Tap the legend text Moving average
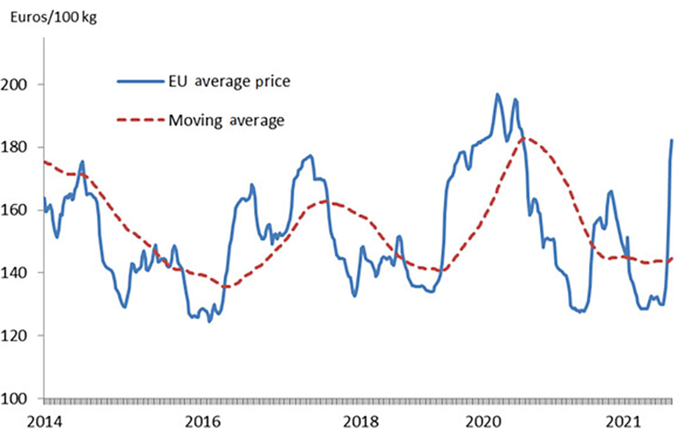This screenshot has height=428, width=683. [x=226, y=120]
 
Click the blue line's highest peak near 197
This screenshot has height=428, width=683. [x=497, y=94]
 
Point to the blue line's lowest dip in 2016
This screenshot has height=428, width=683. [x=209, y=322]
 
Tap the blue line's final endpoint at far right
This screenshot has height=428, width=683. [x=672, y=140]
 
